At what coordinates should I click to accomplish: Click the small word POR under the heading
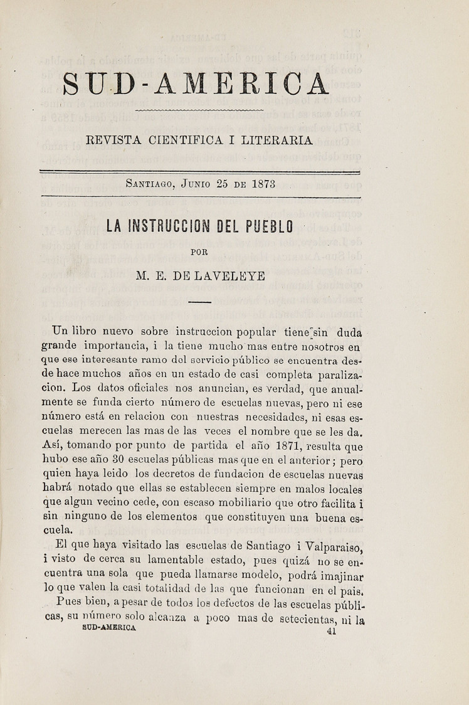coord(199,253)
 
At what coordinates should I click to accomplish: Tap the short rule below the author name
coord(199,303)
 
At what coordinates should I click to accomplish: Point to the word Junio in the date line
coord(197,185)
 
